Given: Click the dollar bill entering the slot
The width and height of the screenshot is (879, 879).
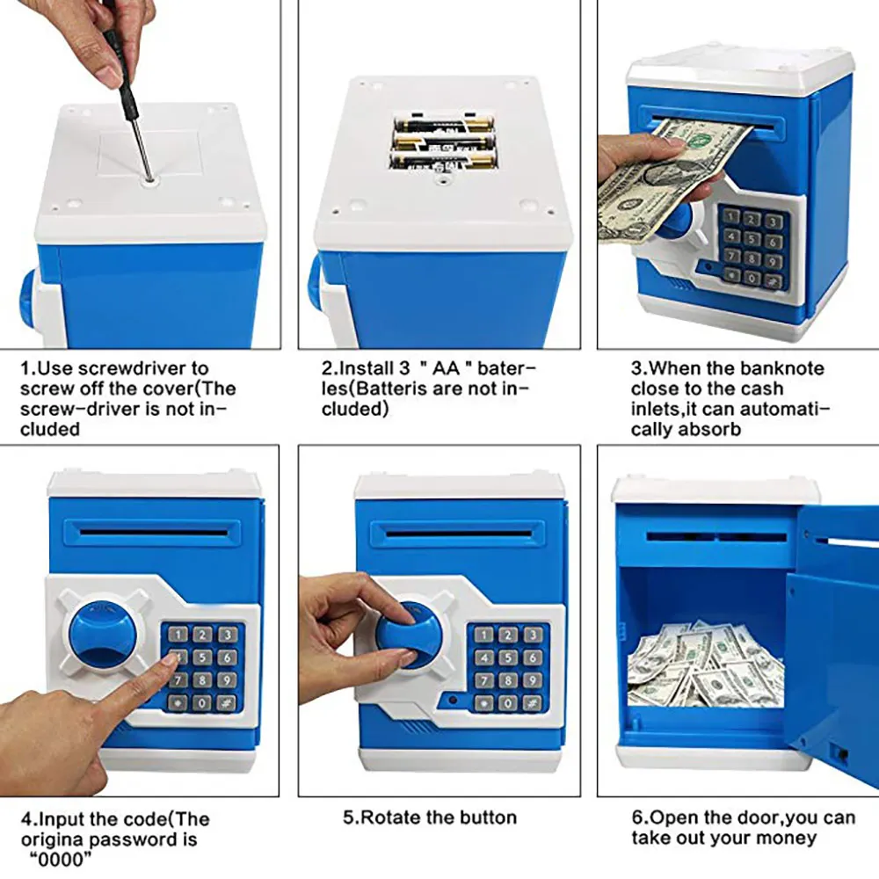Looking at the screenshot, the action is tap(671, 178).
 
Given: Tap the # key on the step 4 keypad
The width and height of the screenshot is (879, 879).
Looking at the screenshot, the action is tap(227, 702).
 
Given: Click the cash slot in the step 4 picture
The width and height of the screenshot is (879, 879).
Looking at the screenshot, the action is tap(152, 530).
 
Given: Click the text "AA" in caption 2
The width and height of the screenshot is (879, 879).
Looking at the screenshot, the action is tap(447, 368).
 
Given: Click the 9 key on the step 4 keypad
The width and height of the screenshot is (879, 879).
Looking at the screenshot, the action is tap(227, 680).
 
